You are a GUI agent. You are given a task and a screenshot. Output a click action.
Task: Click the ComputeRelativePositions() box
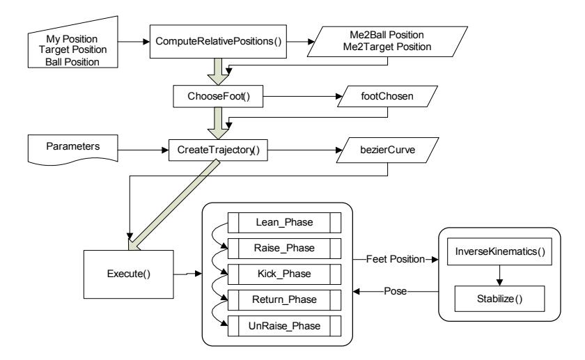pos(218,41)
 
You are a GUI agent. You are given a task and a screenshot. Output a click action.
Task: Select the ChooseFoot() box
pos(218,96)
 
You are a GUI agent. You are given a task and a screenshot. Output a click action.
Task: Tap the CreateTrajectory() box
pos(218,150)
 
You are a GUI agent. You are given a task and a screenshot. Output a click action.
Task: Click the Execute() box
pos(129,274)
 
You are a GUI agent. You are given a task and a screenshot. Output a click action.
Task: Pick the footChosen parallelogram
pos(387,96)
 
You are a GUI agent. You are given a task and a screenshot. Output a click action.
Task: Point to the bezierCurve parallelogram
pos(387,150)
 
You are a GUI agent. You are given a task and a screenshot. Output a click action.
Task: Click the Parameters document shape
pos(73,150)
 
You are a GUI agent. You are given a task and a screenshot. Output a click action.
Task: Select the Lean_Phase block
pos(284,223)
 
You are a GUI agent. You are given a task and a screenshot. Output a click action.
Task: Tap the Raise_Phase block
pos(284,249)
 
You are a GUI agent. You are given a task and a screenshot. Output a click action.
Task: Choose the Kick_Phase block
pos(284,274)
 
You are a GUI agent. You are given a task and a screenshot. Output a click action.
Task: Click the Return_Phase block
pos(284,300)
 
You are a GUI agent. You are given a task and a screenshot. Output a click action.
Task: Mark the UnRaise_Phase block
pos(284,326)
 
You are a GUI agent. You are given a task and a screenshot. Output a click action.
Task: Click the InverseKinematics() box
pos(499,251)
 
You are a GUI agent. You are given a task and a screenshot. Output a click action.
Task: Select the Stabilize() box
pos(499,299)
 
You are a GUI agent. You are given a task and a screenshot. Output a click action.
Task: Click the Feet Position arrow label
pos(395,259)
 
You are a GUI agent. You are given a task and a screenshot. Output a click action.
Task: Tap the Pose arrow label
pos(395,291)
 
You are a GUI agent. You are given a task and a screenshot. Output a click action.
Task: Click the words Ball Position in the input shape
pos(72,62)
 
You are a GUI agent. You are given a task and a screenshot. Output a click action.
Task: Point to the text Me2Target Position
pos(387,47)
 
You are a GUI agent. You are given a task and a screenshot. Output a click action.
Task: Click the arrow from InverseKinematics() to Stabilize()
pos(499,276)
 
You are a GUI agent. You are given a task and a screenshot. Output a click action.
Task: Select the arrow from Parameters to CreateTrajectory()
pos(143,150)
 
